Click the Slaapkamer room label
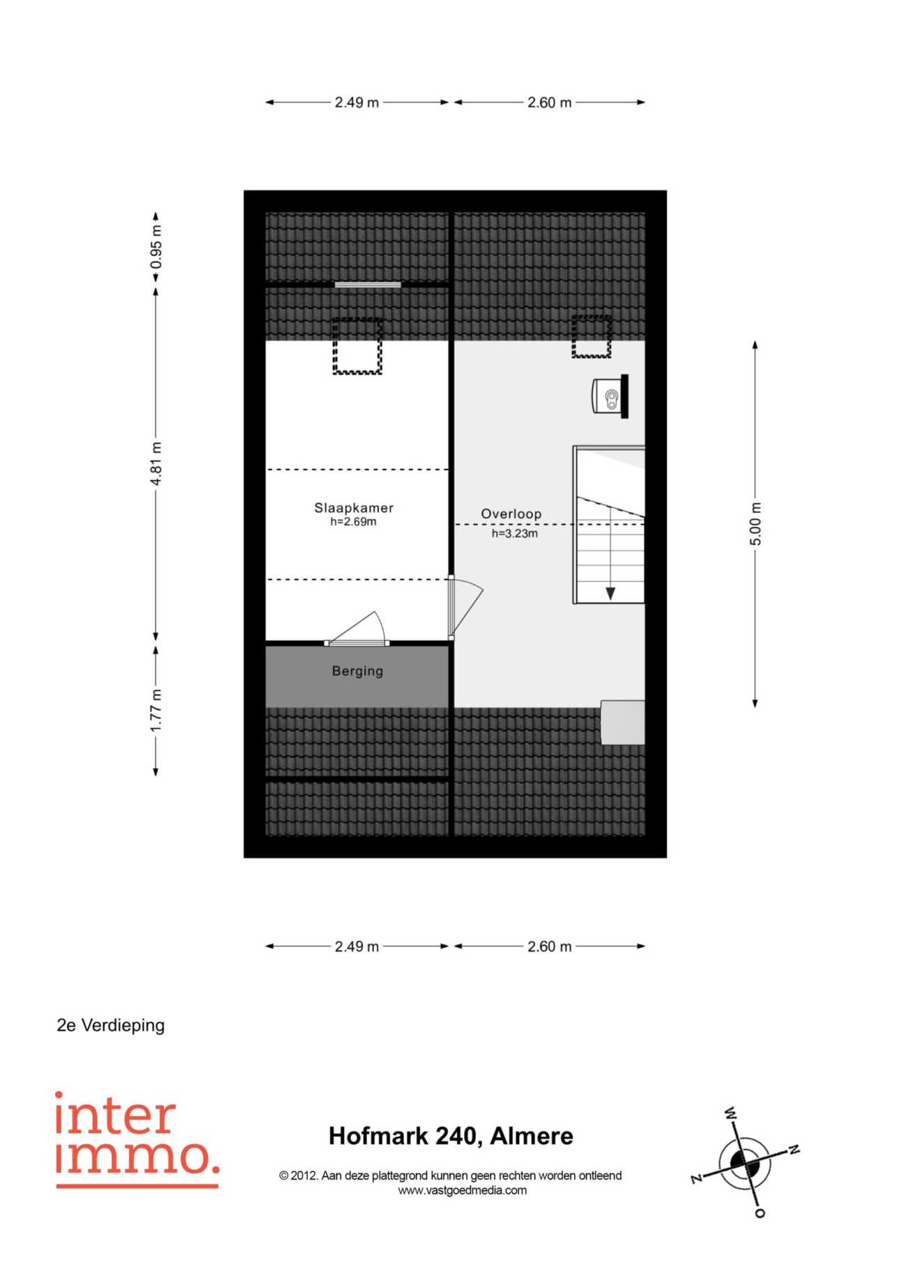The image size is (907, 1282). [354, 508]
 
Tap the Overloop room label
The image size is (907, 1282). [511, 514]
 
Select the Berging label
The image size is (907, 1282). [357, 671]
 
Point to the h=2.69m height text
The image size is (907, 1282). [354, 522]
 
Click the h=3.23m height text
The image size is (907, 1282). [515, 534]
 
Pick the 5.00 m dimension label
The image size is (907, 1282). [756, 524]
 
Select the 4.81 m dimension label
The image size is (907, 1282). [156, 464]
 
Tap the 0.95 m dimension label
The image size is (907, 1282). [156, 247]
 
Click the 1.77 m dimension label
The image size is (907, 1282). [156, 711]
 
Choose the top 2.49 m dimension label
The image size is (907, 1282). [357, 103]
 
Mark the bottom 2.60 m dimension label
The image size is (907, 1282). [550, 947]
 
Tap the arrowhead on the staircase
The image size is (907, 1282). [610, 594]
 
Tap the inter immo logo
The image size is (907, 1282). [137, 1139]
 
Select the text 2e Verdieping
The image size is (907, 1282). [111, 1025]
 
